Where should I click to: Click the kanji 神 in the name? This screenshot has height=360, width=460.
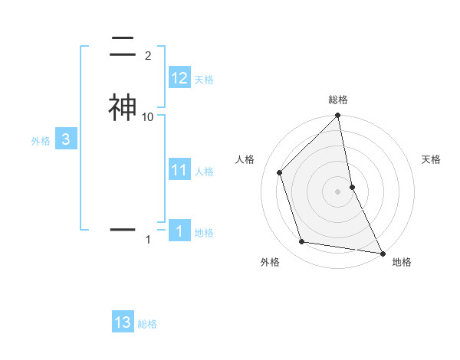click(122, 107)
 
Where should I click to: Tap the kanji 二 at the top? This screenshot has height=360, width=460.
click(122, 48)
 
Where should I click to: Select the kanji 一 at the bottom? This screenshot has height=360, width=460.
click(122, 228)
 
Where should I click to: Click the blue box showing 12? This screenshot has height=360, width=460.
click(179, 78)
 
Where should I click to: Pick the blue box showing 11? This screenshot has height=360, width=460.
click(179, 170)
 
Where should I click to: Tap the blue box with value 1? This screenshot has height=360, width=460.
click(179, 231)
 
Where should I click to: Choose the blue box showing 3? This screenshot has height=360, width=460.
click(66, 139)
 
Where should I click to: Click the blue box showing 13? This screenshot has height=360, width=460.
click(123, 322)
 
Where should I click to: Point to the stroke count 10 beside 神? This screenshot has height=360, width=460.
click(148, 116)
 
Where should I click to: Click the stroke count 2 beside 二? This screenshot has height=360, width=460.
click(148, 56)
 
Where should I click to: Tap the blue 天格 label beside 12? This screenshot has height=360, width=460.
click(204, 80)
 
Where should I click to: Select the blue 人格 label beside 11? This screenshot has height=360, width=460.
click(204, 172)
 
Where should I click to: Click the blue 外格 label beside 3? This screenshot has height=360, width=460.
click(41, 141)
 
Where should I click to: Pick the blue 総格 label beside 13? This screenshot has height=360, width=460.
click(147, 324)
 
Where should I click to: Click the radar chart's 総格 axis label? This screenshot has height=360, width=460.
click(338, 100)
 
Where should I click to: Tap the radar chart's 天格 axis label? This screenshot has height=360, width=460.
click(432, 159)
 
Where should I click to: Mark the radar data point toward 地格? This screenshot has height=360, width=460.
click(382, 253)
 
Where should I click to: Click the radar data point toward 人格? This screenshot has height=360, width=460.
click(280, 172)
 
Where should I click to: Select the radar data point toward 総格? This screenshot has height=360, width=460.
click(338, 116)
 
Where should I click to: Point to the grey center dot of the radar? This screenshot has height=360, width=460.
click(338, 191)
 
